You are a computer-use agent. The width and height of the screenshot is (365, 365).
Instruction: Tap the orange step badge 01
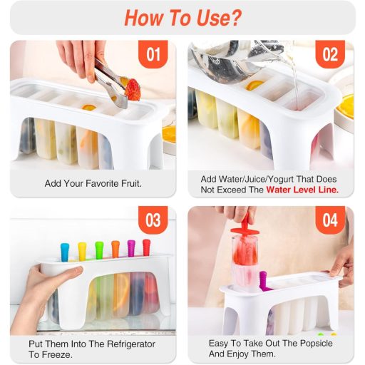pos(153,54)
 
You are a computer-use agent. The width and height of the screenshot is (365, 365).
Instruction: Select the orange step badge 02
pos(330,54)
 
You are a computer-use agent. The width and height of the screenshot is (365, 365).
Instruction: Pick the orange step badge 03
pos(153,220)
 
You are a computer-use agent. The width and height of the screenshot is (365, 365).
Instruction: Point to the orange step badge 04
pos(330,220)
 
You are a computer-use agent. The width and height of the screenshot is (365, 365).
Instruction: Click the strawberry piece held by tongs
pos(133,90)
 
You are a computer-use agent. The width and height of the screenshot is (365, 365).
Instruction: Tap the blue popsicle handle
pos(65,252)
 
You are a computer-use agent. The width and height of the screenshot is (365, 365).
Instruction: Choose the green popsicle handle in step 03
pos(99,250)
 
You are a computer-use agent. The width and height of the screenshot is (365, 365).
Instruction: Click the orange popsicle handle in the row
pos(115,249)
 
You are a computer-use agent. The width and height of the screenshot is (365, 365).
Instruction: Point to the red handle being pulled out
pos(245,225)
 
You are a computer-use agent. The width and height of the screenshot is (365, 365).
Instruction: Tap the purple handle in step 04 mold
pos(263,280)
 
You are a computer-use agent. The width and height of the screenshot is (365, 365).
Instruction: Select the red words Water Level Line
pos(302,190)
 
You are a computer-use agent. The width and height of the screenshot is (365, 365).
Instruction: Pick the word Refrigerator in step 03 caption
pos(131,344)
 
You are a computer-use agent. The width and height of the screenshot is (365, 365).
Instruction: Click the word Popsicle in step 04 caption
pos(317,344)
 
